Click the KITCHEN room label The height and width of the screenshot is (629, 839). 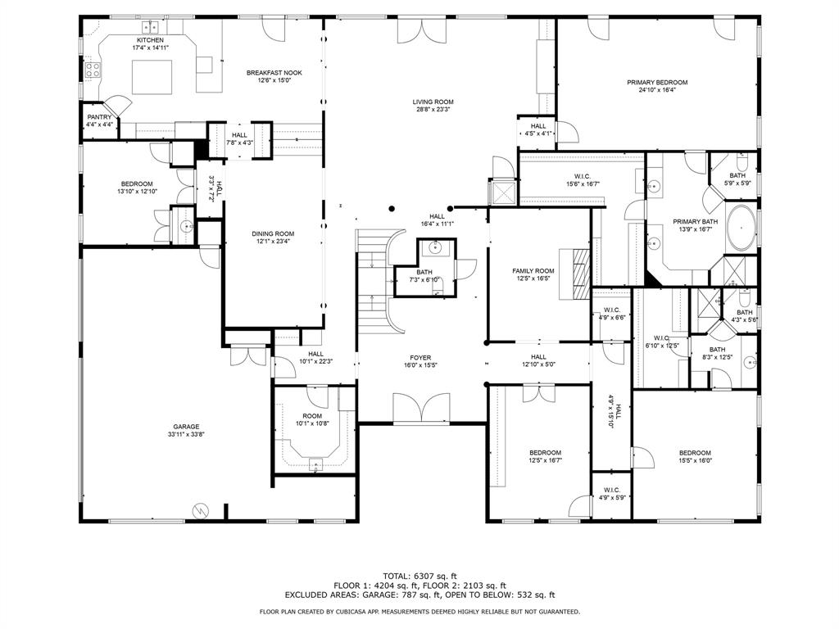point(150,40)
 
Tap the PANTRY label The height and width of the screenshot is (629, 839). point(99,117)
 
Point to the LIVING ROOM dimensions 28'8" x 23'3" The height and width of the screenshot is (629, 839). point(433,109)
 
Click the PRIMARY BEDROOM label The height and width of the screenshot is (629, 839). point(657,82)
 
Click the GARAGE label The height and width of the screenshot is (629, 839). point(186,427)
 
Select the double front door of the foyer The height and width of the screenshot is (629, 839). point(419,407)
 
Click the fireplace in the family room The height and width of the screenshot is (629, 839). point(580,274)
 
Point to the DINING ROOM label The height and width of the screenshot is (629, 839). point(272,233)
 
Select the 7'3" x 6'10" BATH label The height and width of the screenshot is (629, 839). point(424,272)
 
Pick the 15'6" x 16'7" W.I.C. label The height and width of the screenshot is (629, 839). point(583,176)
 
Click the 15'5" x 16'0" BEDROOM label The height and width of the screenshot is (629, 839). point(694,453)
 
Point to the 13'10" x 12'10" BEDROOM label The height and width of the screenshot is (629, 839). point(137,183)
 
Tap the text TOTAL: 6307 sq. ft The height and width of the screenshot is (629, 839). point(419,575)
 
